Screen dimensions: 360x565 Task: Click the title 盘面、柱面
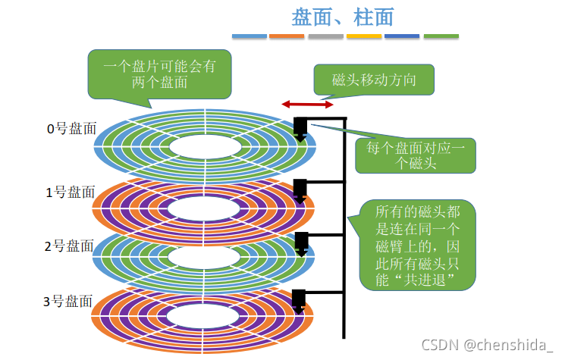343,17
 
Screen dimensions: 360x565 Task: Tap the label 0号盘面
72,129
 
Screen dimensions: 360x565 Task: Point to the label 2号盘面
69,246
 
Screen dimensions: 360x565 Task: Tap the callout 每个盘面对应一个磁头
416,155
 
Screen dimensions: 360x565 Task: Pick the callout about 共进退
416,244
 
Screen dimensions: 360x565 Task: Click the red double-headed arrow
307,104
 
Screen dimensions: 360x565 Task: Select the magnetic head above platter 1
300,189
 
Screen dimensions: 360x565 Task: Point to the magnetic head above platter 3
300,299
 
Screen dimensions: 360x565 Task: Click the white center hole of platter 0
204,146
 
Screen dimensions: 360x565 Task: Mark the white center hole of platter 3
204,316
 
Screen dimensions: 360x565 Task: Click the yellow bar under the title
364,36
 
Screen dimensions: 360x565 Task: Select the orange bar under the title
287,36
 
